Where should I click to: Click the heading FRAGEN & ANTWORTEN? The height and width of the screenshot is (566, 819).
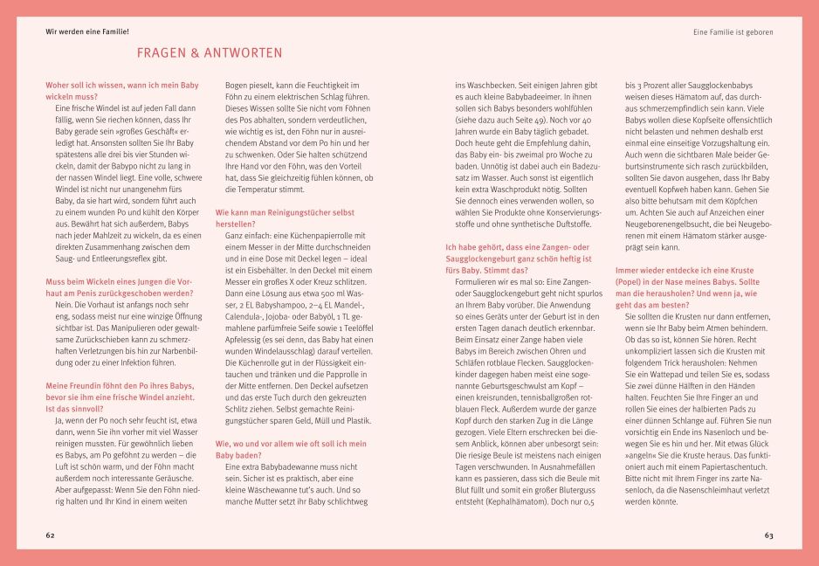[x=209, y=53]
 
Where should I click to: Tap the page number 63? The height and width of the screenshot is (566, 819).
[x=768, y=535]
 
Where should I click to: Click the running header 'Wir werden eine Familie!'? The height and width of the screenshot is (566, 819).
[x=87, y=31]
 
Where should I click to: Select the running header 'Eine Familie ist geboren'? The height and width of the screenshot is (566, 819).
[x=733, y=31]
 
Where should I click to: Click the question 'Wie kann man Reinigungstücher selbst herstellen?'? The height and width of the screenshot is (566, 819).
[x=285, y=217]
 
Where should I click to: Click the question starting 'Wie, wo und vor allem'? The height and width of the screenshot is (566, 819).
[x=291, y=449]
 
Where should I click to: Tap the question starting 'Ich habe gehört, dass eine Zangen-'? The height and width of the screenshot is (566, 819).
[x=519, y=253]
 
